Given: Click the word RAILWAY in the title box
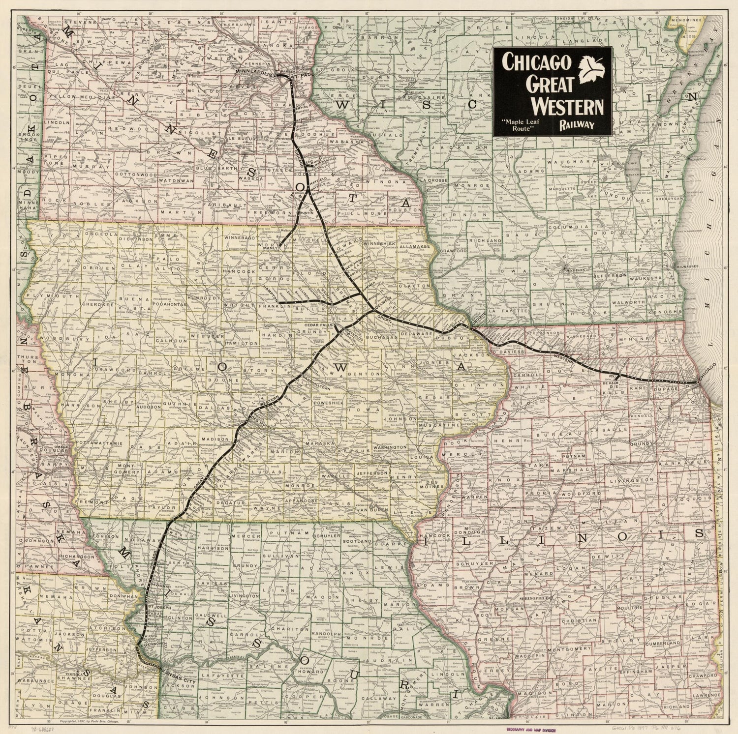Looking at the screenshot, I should tap(576, 125).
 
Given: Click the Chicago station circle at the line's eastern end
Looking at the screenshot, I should tap(697, 382).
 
